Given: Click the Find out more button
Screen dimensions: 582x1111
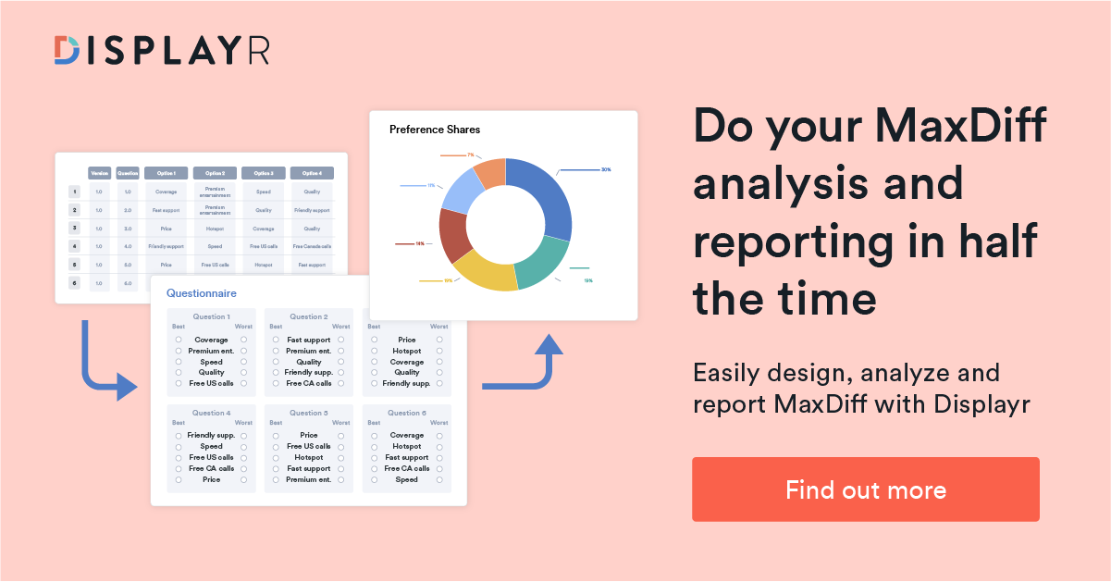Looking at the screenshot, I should click(x=865, y=489).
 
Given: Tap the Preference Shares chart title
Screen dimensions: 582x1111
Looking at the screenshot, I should click(x=435, y=130).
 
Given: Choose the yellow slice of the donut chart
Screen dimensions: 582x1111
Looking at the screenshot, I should click(x=483, y=270).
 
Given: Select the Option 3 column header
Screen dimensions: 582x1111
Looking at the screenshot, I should click(x=264, y=173).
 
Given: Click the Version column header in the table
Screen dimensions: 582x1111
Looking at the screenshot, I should click(x=100, y=173).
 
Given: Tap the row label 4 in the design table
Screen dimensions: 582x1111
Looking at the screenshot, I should click(x=74, y=246).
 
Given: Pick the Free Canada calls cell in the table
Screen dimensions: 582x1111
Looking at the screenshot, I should click(x=312, y=246).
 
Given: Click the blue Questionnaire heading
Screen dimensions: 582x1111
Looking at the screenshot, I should click(x=201, y=293).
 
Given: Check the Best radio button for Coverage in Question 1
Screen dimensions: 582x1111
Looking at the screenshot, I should click(x=179, y=340).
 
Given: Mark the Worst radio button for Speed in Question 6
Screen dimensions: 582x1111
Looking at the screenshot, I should click(x=439, y=479).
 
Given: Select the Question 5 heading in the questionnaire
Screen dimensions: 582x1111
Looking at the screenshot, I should click(x=309, y=413).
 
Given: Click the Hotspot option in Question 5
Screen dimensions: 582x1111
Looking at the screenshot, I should click(x=309, y=457).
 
